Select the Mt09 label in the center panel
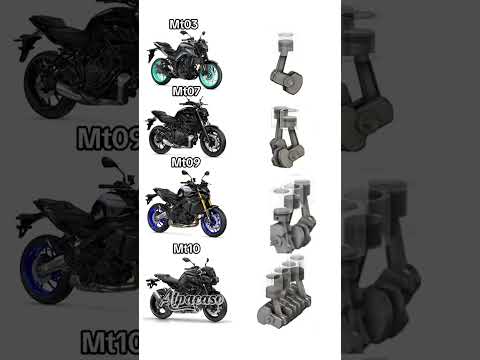coord(187,161)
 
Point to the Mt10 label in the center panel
coord(187,247)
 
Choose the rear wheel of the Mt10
coord(161,306)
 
